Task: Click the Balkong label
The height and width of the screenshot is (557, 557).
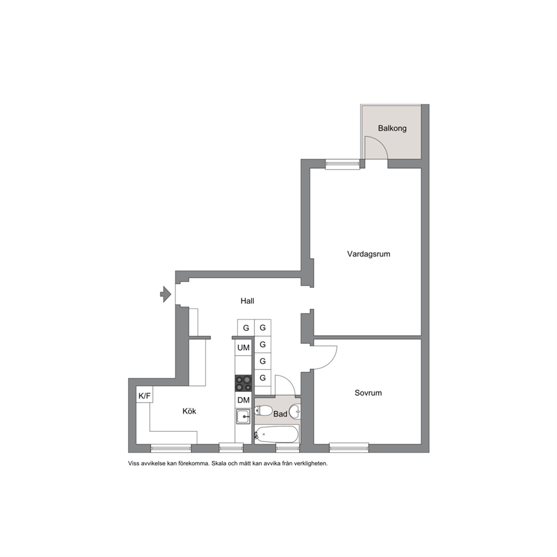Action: [392, 128]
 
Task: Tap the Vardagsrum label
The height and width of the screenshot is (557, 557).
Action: [368, 254]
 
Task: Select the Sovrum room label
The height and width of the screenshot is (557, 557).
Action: [368, 393]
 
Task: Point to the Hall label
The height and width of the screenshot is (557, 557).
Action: [247, 301]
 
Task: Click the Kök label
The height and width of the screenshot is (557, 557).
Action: [189, 411]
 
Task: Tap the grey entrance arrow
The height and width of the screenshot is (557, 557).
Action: [166, 294]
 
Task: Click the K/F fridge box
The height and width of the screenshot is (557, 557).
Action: [144, 395]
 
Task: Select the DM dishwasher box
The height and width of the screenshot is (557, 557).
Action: [243, 400]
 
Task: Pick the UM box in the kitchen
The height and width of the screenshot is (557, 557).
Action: [243, 348]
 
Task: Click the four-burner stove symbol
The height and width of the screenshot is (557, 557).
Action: [243, 383]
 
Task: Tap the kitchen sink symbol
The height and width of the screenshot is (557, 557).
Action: [243, 416]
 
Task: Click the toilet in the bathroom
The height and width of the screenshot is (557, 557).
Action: [263, 410]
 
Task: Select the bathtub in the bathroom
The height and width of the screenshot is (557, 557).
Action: [276, 434]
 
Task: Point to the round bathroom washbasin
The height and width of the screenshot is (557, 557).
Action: [295, 412]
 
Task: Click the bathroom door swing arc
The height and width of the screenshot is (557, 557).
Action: [290, 381]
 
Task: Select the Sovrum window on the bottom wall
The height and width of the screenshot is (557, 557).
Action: [349, 448]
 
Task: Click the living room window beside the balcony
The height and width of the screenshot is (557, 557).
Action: [343, 164]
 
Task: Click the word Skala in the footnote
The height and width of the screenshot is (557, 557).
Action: [219, 463]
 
